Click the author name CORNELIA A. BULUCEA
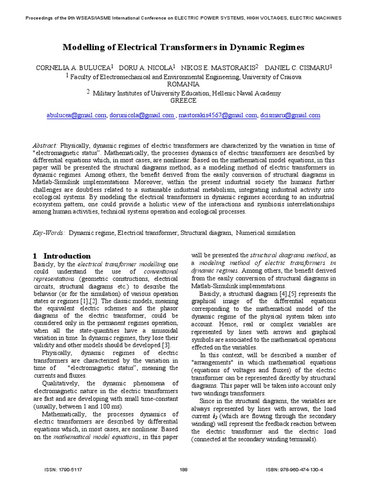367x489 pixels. coord(73,68)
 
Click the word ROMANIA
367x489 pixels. coord(183,84)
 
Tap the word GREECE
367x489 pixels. coord(183,101)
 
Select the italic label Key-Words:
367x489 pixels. coord(49,233)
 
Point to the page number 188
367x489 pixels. coord(183,470)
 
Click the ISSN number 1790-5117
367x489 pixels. coord(72,470)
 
